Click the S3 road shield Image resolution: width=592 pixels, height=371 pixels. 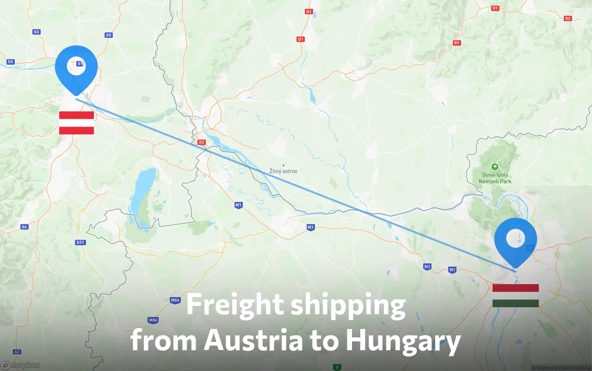tap(37, 32)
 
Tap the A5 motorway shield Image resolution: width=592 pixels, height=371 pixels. tap(109, 35)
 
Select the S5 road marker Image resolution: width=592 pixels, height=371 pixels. tap(11, 61)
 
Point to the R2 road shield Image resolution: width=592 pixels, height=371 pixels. tap(568, 18)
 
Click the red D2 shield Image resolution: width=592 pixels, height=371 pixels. tap(201, 142)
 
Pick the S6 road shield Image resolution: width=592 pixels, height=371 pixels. tap(25, 227)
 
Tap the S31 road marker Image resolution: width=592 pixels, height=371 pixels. tap(80, 242)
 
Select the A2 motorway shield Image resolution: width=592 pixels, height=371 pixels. tap(17, 352)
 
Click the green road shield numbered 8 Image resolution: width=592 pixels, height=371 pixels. tap(337, 367)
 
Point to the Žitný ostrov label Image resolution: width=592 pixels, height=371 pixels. tap(284, 171)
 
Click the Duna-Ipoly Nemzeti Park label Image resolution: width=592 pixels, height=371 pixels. tap(495, 178)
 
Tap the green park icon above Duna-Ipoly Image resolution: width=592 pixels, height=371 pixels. tap(495, 166)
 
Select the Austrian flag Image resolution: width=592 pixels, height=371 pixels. tap(76, 123)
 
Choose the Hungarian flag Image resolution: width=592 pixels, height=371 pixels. tap(516, 296)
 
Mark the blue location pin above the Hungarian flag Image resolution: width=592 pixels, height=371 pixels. tap(515, 240)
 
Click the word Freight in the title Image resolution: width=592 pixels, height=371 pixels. tap(235, 305)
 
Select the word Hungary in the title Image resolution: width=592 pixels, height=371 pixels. tap(403, 341)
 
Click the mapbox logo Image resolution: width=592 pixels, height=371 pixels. tap(20, 365)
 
